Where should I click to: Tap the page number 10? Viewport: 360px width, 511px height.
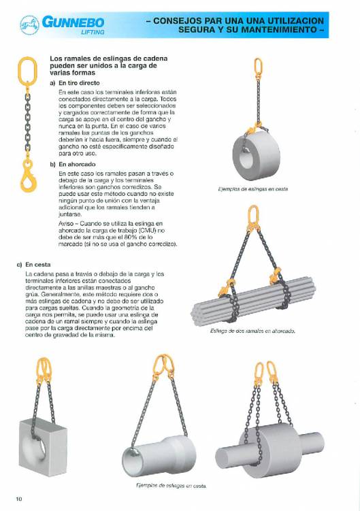tap(19, 499)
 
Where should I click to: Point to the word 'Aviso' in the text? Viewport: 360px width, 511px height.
tap(67, 222)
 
